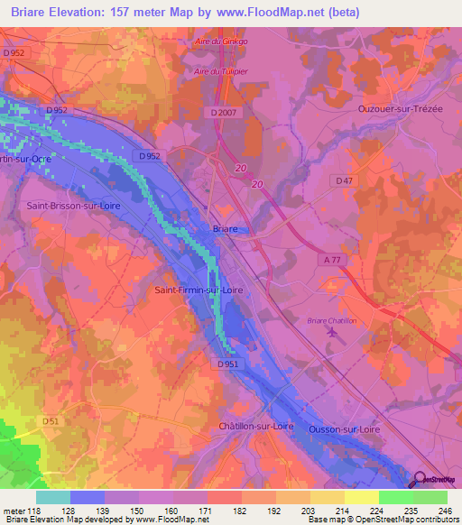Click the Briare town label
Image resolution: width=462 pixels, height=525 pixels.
225,229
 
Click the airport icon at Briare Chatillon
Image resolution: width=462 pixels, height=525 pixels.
337,335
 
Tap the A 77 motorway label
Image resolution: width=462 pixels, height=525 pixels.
330,257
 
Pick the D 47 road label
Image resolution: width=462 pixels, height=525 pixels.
345,181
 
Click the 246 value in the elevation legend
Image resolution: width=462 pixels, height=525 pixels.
446,511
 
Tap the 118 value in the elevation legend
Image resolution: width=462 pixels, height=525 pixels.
33,511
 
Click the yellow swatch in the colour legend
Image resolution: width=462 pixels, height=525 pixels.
362,497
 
